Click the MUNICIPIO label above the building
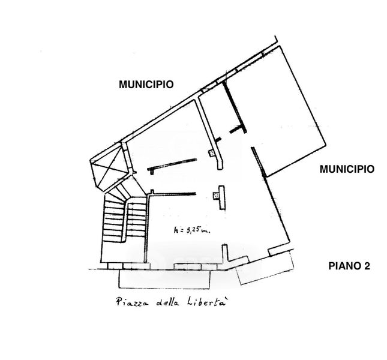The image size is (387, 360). tap(146, 85)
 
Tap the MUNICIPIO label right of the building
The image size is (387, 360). tap(347, 169)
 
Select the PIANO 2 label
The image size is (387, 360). tap(349, 266)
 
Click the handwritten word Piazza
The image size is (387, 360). tap(132, 302)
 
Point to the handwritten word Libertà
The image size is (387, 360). tap(206, 301)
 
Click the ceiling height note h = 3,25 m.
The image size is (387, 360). tap(192, 230)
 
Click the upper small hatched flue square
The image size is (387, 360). tap(212, 153)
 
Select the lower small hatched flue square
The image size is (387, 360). tap(216, 196)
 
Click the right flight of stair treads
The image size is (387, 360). tap(136, 220)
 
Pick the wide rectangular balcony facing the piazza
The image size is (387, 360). tap(164, 279)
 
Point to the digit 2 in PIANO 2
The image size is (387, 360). tap(367, 266)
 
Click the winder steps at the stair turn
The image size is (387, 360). tap(121, 191)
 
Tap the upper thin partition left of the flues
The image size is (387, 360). tap(172, 164)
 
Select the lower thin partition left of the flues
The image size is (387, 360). tap(173, 194)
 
